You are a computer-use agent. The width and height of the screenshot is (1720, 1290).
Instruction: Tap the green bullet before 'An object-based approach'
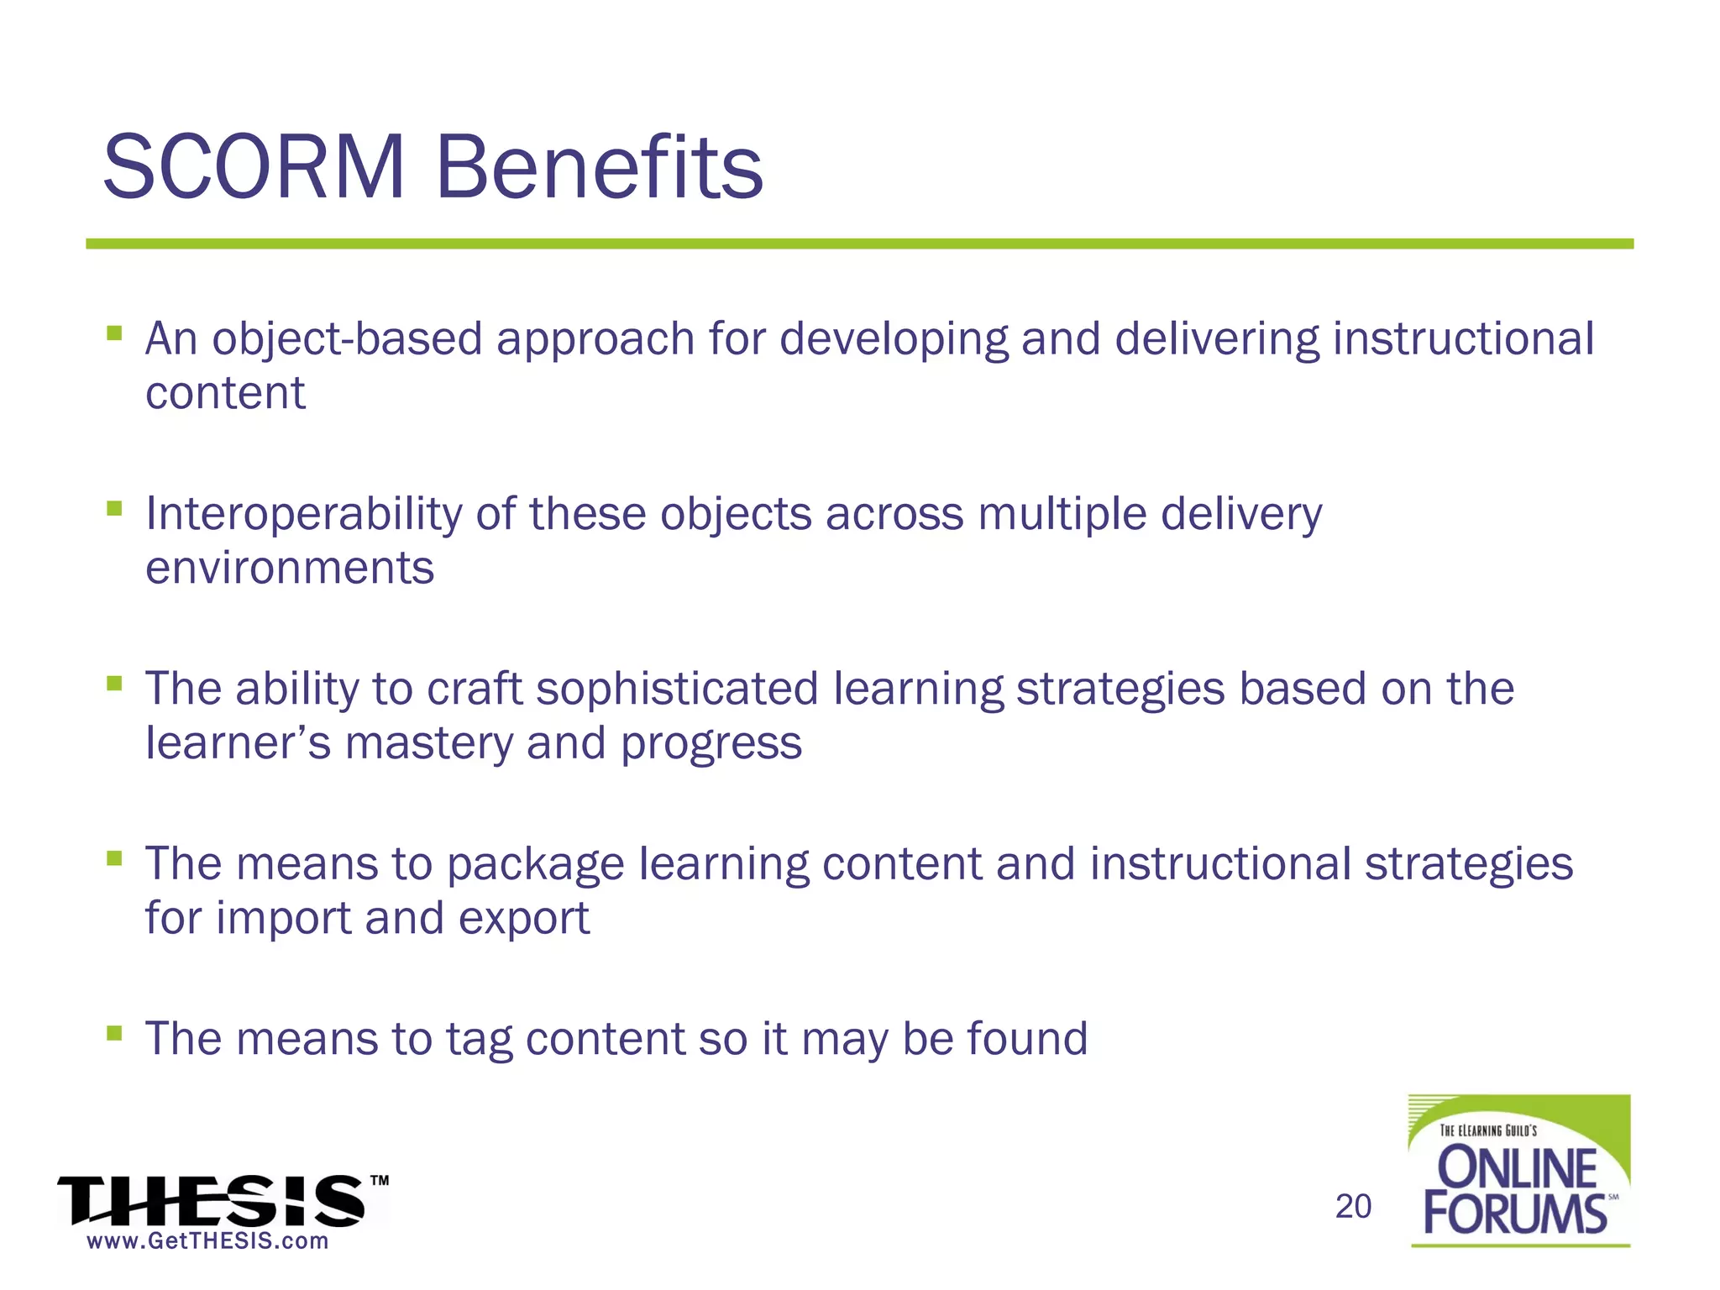click(114, 333)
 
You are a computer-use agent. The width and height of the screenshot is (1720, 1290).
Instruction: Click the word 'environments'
click(290, 569)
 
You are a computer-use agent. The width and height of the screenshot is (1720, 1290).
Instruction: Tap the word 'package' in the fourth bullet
click(535, 865)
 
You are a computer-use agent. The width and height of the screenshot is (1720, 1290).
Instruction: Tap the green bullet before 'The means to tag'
click(114, 1032)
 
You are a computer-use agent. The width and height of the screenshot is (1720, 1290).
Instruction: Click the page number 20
click(1353, 1207)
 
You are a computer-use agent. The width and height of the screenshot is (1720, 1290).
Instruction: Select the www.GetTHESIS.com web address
click(207, 1241)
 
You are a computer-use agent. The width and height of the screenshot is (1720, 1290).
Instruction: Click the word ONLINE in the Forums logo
click(1517, 1168)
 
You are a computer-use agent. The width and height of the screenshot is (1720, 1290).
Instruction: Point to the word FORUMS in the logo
click(1514, 1214)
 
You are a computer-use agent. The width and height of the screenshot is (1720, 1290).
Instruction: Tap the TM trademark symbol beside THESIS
click(380, 1181)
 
